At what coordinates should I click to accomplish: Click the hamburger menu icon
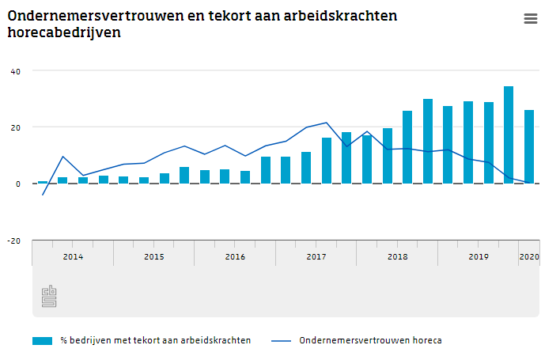[x=531, y=19]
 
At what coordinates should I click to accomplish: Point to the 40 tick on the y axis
[x=16, y=71]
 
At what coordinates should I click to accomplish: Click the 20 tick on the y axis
[x=16, y=127]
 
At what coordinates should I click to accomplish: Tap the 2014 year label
[x=73, y=257]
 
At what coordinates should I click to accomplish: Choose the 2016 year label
[x=235, y=257]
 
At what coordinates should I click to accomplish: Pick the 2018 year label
[x=397, y=257]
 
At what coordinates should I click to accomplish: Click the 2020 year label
[x=528, y=257]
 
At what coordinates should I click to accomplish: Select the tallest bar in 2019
[x=509, y=135]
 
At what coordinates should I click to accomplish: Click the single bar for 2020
[x=529, y=146]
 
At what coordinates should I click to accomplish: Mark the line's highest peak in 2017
[x=327, y=123]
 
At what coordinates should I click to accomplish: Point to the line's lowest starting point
[x=43, y=195]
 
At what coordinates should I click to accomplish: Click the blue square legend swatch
[x=42, y=341]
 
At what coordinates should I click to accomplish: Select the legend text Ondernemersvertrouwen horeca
[x=370, y=341]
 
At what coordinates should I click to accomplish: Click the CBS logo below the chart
[x=49, y=297]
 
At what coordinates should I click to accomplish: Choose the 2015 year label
[x=154, y=257]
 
